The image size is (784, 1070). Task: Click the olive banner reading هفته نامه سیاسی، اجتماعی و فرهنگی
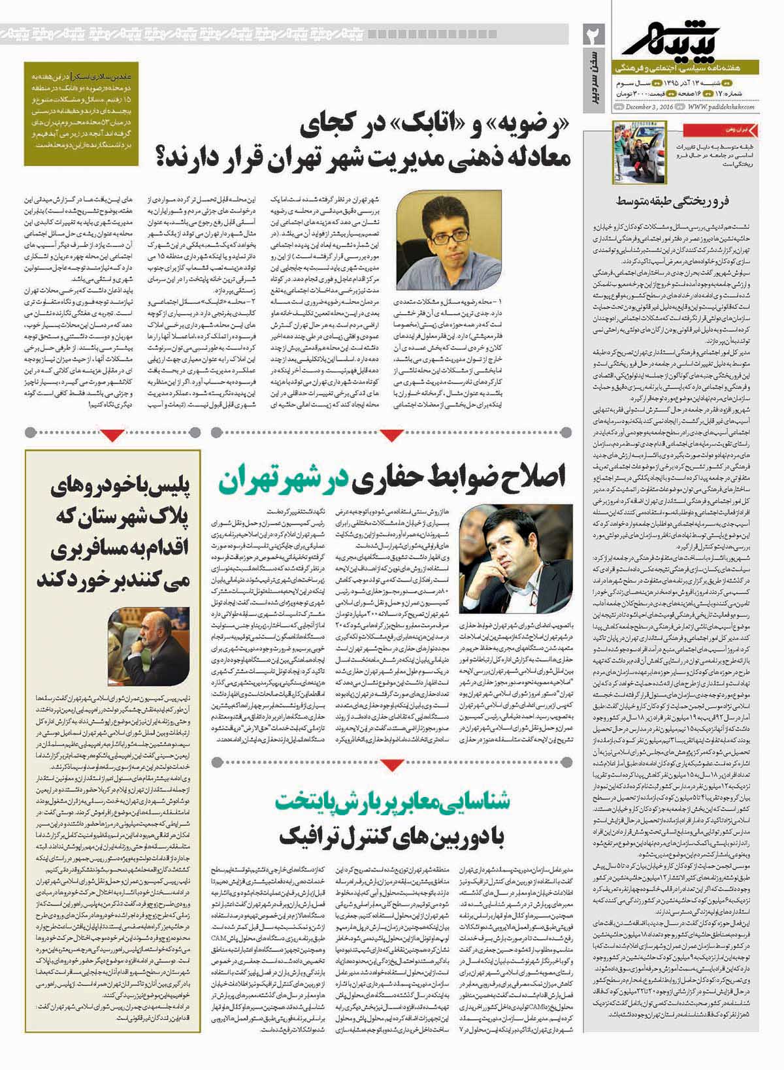coord(693,67)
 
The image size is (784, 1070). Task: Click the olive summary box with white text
coord(82,114)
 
